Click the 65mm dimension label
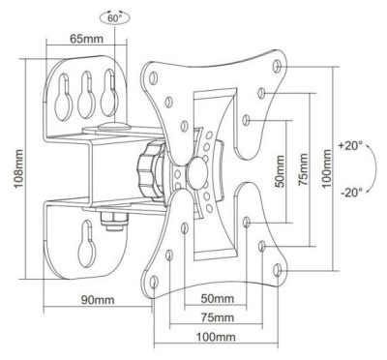click(87, 39)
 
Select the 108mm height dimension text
click(18, 169)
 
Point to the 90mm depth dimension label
click(98, 300)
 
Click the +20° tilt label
click(350, 146)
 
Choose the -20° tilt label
click(351, 193)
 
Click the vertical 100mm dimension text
click(327, 168)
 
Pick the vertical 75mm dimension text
click(303, 169)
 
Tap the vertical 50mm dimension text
click(280, 171)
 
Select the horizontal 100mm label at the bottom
click(216, 338)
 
